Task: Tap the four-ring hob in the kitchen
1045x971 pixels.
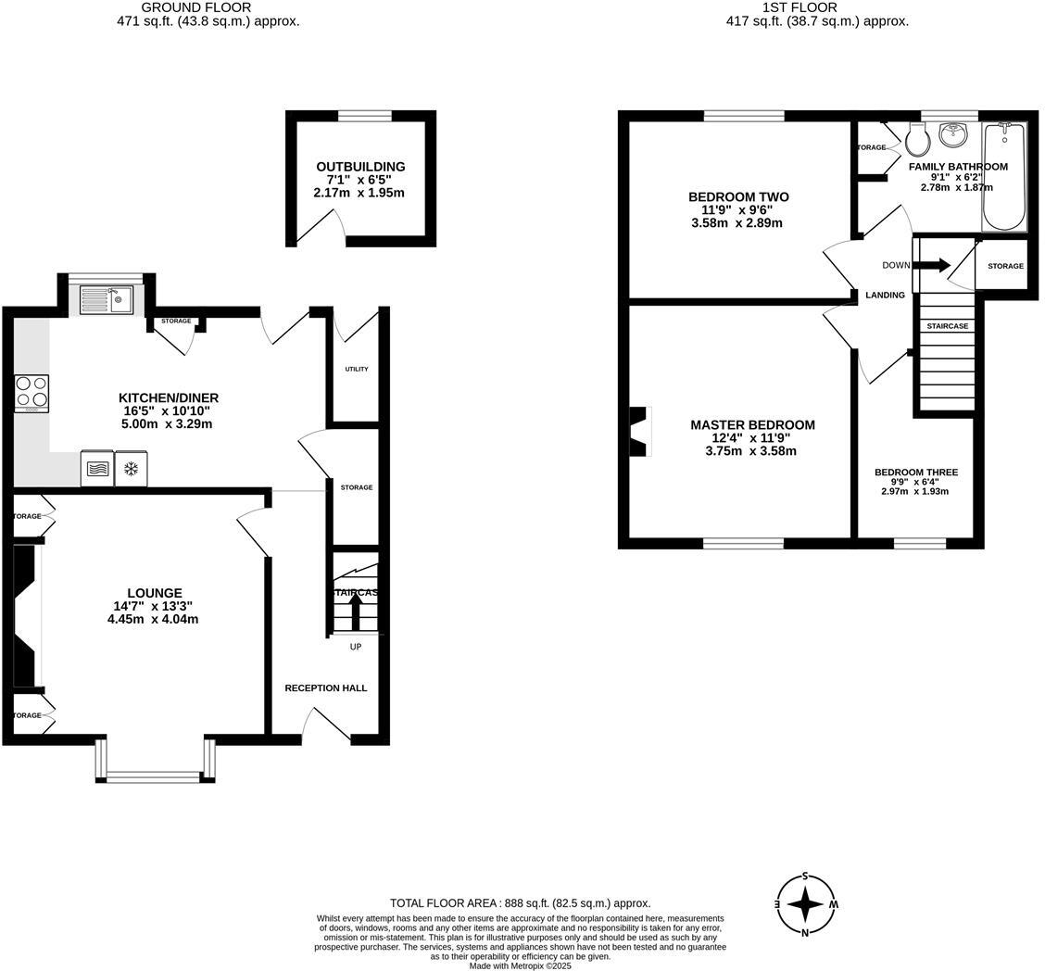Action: click(31, 393)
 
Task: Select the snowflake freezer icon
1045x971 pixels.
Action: click(131, 469)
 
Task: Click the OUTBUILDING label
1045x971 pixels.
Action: click(360, 167)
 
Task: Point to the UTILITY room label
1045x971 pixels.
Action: click(357, 369)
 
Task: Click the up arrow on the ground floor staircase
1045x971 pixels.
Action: click(356, 612)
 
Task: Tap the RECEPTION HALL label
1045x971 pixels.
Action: click(325, 688)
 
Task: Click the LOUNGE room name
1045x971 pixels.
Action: click(155, 593)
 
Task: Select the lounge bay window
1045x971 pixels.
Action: click(155, 775)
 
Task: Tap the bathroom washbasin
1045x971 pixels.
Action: click(952, 135)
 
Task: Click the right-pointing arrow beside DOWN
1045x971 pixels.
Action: click(933, 265)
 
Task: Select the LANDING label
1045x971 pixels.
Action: click(885, 296)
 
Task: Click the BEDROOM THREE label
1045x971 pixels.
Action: click(916, 473)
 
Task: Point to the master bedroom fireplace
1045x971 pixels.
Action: click(639, 432)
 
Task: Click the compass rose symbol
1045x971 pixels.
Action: click(806, 904)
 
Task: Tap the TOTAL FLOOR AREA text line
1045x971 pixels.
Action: click(520, 902)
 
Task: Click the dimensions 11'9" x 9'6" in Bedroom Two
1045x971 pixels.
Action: click(737, 210)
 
